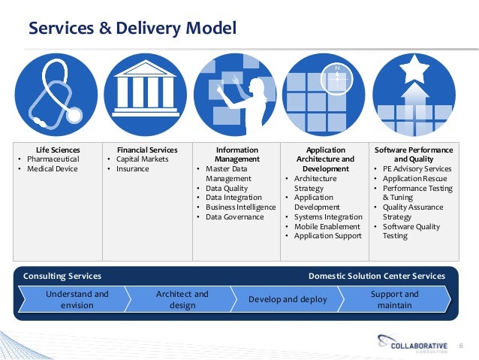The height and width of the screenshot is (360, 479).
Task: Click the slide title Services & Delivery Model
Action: tap(132, 29)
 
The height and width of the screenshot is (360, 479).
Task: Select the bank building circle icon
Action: tap(146, 94)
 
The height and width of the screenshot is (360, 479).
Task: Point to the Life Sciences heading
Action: tap(58, 150)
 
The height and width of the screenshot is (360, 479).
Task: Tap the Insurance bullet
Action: tap(133, 169)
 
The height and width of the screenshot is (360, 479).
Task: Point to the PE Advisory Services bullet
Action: tap(417, 169)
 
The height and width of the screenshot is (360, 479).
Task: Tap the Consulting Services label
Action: tap(63, 276)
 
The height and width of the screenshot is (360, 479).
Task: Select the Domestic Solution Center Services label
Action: tap(376, 276)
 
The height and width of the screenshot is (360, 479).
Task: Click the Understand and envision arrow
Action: tap(77, 299)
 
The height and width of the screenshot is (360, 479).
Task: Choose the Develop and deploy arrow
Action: tap(288, 299)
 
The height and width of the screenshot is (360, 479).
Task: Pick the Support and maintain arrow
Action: tap(395, 299)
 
